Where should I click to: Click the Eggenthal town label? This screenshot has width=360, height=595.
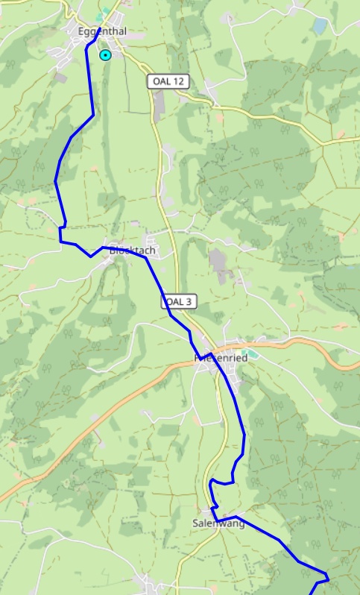[102, 31]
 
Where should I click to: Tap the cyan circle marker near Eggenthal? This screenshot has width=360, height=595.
[106, 54]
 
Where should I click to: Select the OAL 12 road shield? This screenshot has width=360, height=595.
[167, 81]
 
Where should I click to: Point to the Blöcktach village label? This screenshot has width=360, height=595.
[132, 251]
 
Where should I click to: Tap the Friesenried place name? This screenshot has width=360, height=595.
[221, 358]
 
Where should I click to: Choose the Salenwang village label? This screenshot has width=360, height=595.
[218, 523]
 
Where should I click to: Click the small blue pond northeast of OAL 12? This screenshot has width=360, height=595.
[320, 27]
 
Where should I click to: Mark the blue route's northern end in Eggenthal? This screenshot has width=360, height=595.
[99, 29]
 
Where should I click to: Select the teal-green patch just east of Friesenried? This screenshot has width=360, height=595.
[248, 353]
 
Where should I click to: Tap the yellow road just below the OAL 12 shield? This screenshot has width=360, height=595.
[157, 112]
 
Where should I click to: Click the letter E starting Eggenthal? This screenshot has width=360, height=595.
[80, 31]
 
